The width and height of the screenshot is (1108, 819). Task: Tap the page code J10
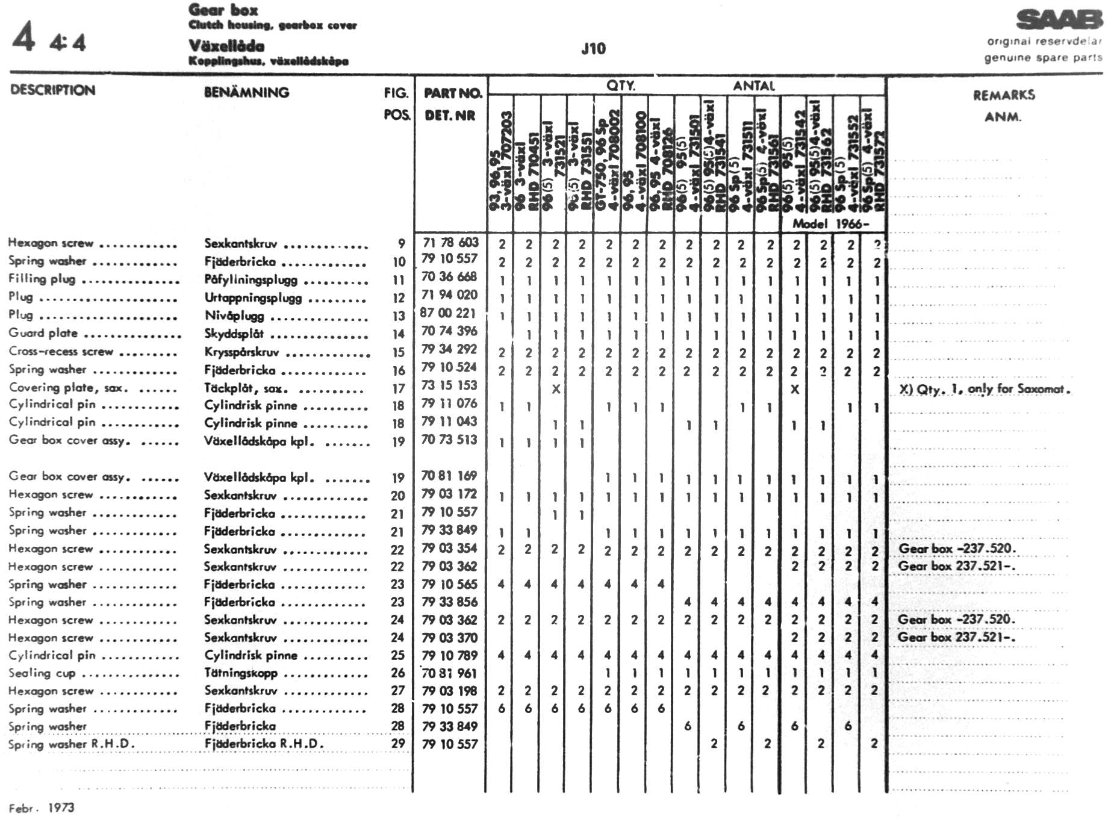click(593, 49)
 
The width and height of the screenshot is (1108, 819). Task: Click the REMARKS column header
click(1004, 95)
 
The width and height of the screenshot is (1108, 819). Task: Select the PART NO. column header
click(453, 93)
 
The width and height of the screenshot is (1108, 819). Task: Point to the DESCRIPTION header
click(53, 90)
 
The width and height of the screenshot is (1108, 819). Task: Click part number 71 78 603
click(450, 243)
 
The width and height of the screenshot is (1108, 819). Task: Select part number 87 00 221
click(448, 313)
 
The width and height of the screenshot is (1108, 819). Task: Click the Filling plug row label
click(42, 279)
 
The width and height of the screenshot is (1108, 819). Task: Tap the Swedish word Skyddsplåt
click(234, 334)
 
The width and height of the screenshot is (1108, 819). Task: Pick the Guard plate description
click(43, 333)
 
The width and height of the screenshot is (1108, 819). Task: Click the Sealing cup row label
click(42, 673)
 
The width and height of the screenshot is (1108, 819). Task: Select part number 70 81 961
click(449, 673)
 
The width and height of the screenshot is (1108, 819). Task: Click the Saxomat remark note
click(985, 389)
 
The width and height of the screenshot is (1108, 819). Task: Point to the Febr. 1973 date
click(42, 808)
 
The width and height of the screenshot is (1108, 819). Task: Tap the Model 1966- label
click(830, 223)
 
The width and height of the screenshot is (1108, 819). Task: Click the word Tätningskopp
click(241, 673)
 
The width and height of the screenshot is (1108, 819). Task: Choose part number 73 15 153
click(449, 385)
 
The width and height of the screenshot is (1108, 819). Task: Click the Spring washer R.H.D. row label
click(71, 744)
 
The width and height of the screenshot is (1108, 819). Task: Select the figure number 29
click(398, 744)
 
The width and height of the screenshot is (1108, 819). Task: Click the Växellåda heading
click(226, 46)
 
